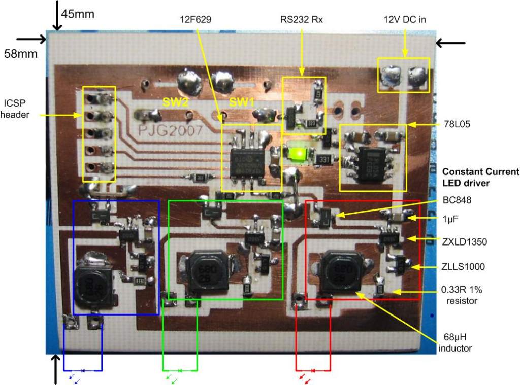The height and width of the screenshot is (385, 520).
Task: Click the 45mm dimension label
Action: pyautogui.click(x=77, y=14)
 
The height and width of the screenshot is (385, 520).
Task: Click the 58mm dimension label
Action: pyautogui.click(x=20, y=53)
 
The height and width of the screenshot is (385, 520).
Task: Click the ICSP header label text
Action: pyautogui.click(x=15, y=108)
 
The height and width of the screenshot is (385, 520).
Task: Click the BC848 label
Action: pyautogui.click(x=457, y=200)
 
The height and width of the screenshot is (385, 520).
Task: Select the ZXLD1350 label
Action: pyautogui.click(x=464, y=242)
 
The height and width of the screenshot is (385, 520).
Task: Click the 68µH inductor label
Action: pyautogui.click(x=456, y=343)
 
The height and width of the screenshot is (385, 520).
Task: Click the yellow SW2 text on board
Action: pyautogui.click(x=176, y=102)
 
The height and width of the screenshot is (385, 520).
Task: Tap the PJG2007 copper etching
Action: pyautogui.click(x=171, y=130)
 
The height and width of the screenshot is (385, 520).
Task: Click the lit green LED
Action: pyautogui.click(x=297, y=153)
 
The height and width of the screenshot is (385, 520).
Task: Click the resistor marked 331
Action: pyautogui.click(x=323, y=159)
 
